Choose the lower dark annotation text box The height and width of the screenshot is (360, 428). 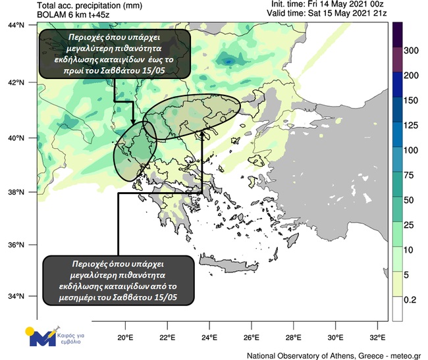(x=120, y=280)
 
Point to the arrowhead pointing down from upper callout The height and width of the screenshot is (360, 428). (x=133, y=122)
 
